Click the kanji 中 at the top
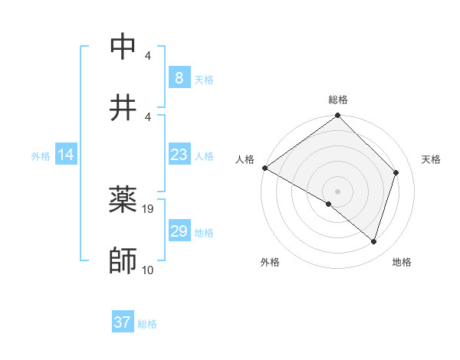pos(123,46)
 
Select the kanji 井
pos(123,106)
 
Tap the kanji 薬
pos(123,200)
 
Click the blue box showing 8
pos(179,77)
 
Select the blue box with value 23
pos(179,155)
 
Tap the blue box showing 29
pos(179,231)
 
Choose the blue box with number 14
pos(66,155)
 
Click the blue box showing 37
pos(122,322)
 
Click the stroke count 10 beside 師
pos(148,270)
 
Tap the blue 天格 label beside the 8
pos(204,80)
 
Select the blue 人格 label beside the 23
pos(204,156)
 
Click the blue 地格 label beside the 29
pos(204,233)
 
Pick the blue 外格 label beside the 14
pos(41,156)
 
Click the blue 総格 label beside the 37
pos(147,325)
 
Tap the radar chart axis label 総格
pos(337,100)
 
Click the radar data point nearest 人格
pos(264,168)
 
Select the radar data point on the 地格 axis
pos(374,242)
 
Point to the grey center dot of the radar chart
pos(337,191)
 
